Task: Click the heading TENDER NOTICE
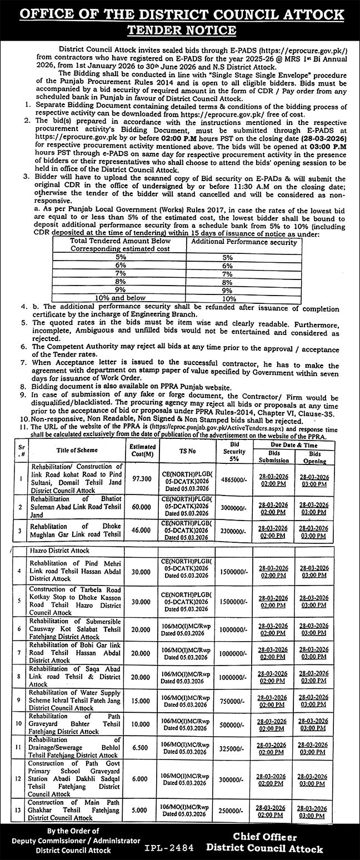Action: tap(179, 29)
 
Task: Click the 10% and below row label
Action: tap(121, 298)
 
